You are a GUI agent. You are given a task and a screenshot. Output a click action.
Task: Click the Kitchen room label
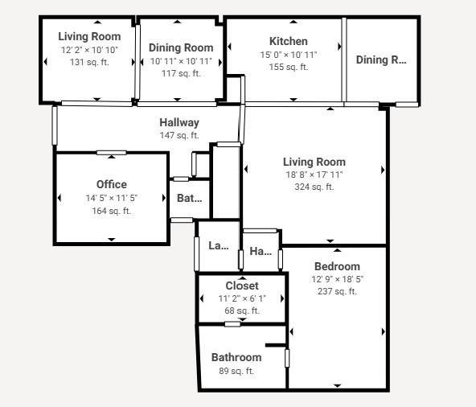pos(288,41)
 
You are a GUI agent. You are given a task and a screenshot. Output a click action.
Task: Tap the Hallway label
pos(178,122)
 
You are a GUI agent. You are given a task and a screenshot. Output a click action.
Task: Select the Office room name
pos(111,184)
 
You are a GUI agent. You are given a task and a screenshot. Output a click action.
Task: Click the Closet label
pos(241,286)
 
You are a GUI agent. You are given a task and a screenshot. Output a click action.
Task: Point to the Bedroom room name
pos(337,266)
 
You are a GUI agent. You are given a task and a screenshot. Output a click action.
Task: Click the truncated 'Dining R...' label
pos(381,60)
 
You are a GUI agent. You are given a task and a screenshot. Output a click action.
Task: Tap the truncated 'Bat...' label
pos(189,198)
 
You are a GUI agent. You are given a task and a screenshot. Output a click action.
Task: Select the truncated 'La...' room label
pos(218,245)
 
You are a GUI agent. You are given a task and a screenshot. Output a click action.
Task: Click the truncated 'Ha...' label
pos(261,251)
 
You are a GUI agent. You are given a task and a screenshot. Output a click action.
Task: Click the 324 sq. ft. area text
pos(314,187)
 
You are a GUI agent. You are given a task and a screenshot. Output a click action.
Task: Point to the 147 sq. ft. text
pos(178,135)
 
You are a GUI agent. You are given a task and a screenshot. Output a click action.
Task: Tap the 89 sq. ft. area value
pos(236,371)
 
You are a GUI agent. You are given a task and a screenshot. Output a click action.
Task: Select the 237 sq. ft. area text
pos(337,291)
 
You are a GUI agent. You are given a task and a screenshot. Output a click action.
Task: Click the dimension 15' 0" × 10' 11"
pos(288,55)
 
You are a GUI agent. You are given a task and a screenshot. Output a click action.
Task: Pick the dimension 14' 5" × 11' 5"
pos(111,198)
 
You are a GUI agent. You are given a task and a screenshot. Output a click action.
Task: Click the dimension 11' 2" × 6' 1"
pos(241,298)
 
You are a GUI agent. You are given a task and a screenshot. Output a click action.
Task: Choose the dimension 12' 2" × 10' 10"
pos(88,50)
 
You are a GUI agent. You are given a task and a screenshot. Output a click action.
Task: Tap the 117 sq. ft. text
pos(181,73)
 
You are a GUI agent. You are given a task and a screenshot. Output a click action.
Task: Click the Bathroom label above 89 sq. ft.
pos(236,357)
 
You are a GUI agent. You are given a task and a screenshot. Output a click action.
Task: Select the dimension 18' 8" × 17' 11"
pos(314,175)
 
